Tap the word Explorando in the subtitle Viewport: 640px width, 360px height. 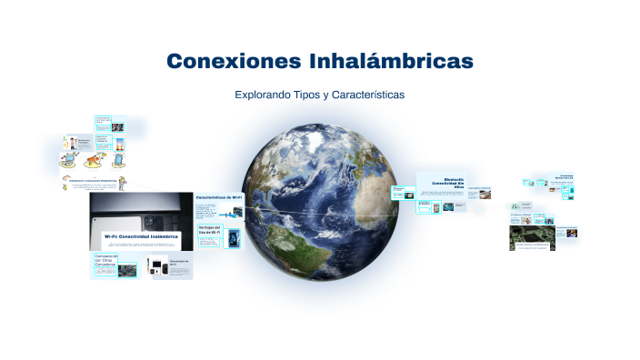tap(263, 95)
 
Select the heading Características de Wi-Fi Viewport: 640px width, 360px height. tap(219, 196)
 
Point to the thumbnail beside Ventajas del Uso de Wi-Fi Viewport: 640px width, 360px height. tap(235, 238)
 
